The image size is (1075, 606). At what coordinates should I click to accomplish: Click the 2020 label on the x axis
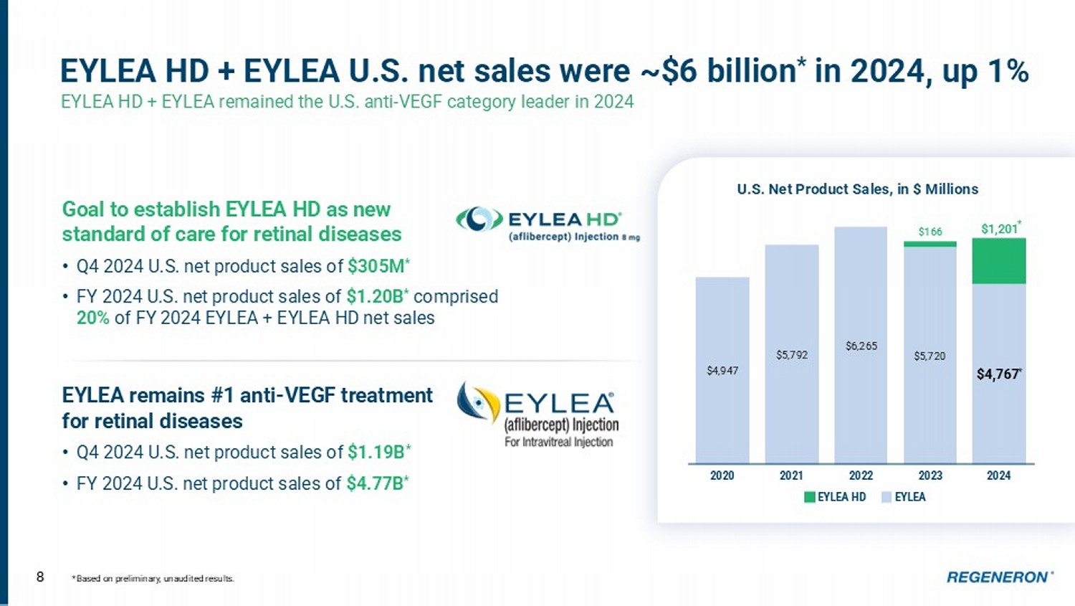[x=722, y=475]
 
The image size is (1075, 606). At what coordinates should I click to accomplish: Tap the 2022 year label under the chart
[x=861, y=475]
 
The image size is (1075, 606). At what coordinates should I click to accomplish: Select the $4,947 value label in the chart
[x=722, y=371]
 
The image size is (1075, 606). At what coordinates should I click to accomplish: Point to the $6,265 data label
[x=861, y=346]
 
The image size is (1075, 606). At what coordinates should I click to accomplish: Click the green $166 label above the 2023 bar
[x=930, y=232]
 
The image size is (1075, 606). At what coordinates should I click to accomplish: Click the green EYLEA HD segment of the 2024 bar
[x=999, y=261]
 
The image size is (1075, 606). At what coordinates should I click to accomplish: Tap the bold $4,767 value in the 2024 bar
[x=998, y=374]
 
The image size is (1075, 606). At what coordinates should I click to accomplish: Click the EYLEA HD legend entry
[x=836, y=497]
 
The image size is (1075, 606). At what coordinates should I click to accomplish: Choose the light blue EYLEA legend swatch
[x=887, y=497]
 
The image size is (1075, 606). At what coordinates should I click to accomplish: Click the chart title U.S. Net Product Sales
[x=857, y=189]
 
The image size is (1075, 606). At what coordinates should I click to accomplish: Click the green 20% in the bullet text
[x=92, y=318]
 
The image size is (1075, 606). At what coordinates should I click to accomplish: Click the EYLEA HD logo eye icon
[x=479, y=219]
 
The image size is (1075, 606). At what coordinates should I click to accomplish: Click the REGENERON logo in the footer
[x=998, y=577]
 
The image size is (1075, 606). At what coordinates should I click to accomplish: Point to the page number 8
[x=40, y=577]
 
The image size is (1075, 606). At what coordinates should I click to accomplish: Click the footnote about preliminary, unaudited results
[x=153, y=579]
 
